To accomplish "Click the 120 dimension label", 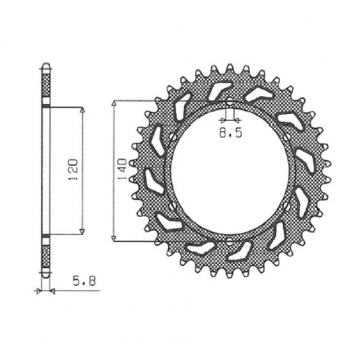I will click(x=72, y=170).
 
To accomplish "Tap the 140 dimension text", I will click(x=122, y=170).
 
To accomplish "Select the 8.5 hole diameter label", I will click(x=230, y=134).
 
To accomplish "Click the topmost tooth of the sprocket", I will click(x=229, y=67).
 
